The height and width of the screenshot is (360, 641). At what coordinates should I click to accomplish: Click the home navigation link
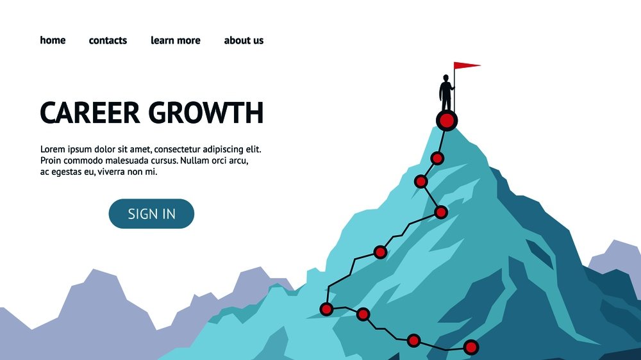pyautogui.click(x=53, y=40)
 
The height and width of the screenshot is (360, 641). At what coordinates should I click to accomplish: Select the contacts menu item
pyautogui.click(x=108, y=40)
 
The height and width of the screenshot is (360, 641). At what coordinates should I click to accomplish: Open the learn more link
pyautogui.click(x=176, y=40)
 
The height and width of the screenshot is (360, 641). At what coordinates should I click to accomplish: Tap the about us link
pyautogui.click(x=244, y=40)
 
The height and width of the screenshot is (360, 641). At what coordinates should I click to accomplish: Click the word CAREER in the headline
pyautogui.click(x=90, y=113)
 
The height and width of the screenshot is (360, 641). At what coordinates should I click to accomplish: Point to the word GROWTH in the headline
pyautogui.click(x=206, y=113)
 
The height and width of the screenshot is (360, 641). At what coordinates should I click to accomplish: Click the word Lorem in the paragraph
pyautogui.click(x=53, y=149)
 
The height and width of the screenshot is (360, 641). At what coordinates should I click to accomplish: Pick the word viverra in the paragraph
pyautogui.click(x=113, y=172)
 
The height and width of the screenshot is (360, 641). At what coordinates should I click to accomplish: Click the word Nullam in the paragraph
pyautogui.click(x=193, y=161)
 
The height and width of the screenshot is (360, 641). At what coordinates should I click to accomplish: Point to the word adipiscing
pyautogui.click(x=223, y=149)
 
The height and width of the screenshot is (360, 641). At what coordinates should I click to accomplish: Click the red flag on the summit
pyautogui.click(x=467, y=65)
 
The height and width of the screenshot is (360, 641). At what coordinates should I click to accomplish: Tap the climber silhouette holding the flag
pyautogui.click(x=446, y=92)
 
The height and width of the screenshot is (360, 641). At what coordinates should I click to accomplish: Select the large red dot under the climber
pyautogui.click(x=447, y=120)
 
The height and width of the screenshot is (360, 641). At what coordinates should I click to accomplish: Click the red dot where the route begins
pyautogui.click(x=471, y=347)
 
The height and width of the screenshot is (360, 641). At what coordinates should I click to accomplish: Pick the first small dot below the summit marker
pyautogui.click(x=437, y=158)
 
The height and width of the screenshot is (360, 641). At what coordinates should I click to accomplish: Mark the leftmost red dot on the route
pyautogui.click(x=326, y=309)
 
